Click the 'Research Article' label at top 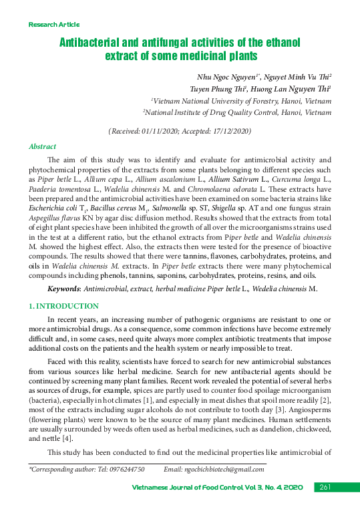click(x=53, y=25)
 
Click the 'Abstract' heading click(x=42, y=146)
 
